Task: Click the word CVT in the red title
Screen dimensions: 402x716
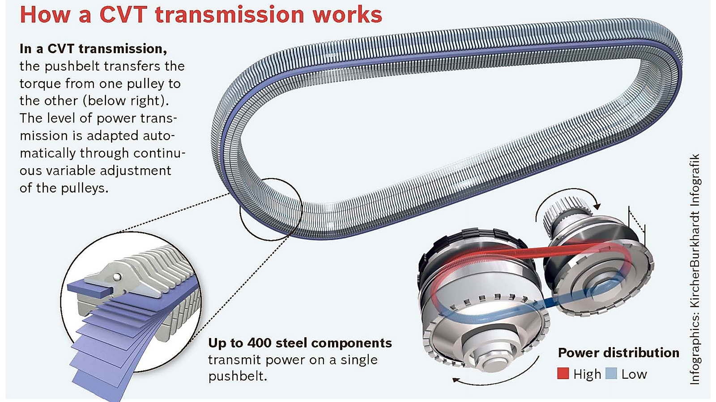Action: (123, 14)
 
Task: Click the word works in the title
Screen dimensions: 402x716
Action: (347, 14)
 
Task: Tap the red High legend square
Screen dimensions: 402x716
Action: (563, 373)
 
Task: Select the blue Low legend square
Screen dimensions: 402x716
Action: (611, 373)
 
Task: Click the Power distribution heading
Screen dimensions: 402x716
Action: (618, 353)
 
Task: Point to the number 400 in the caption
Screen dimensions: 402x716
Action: (260, 343)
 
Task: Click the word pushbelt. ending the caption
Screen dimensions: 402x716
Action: (237, 376)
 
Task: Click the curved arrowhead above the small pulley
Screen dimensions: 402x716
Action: (596, 206)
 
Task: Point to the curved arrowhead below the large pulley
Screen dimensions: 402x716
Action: (456, 380)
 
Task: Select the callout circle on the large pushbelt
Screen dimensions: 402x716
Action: (271, 209)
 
